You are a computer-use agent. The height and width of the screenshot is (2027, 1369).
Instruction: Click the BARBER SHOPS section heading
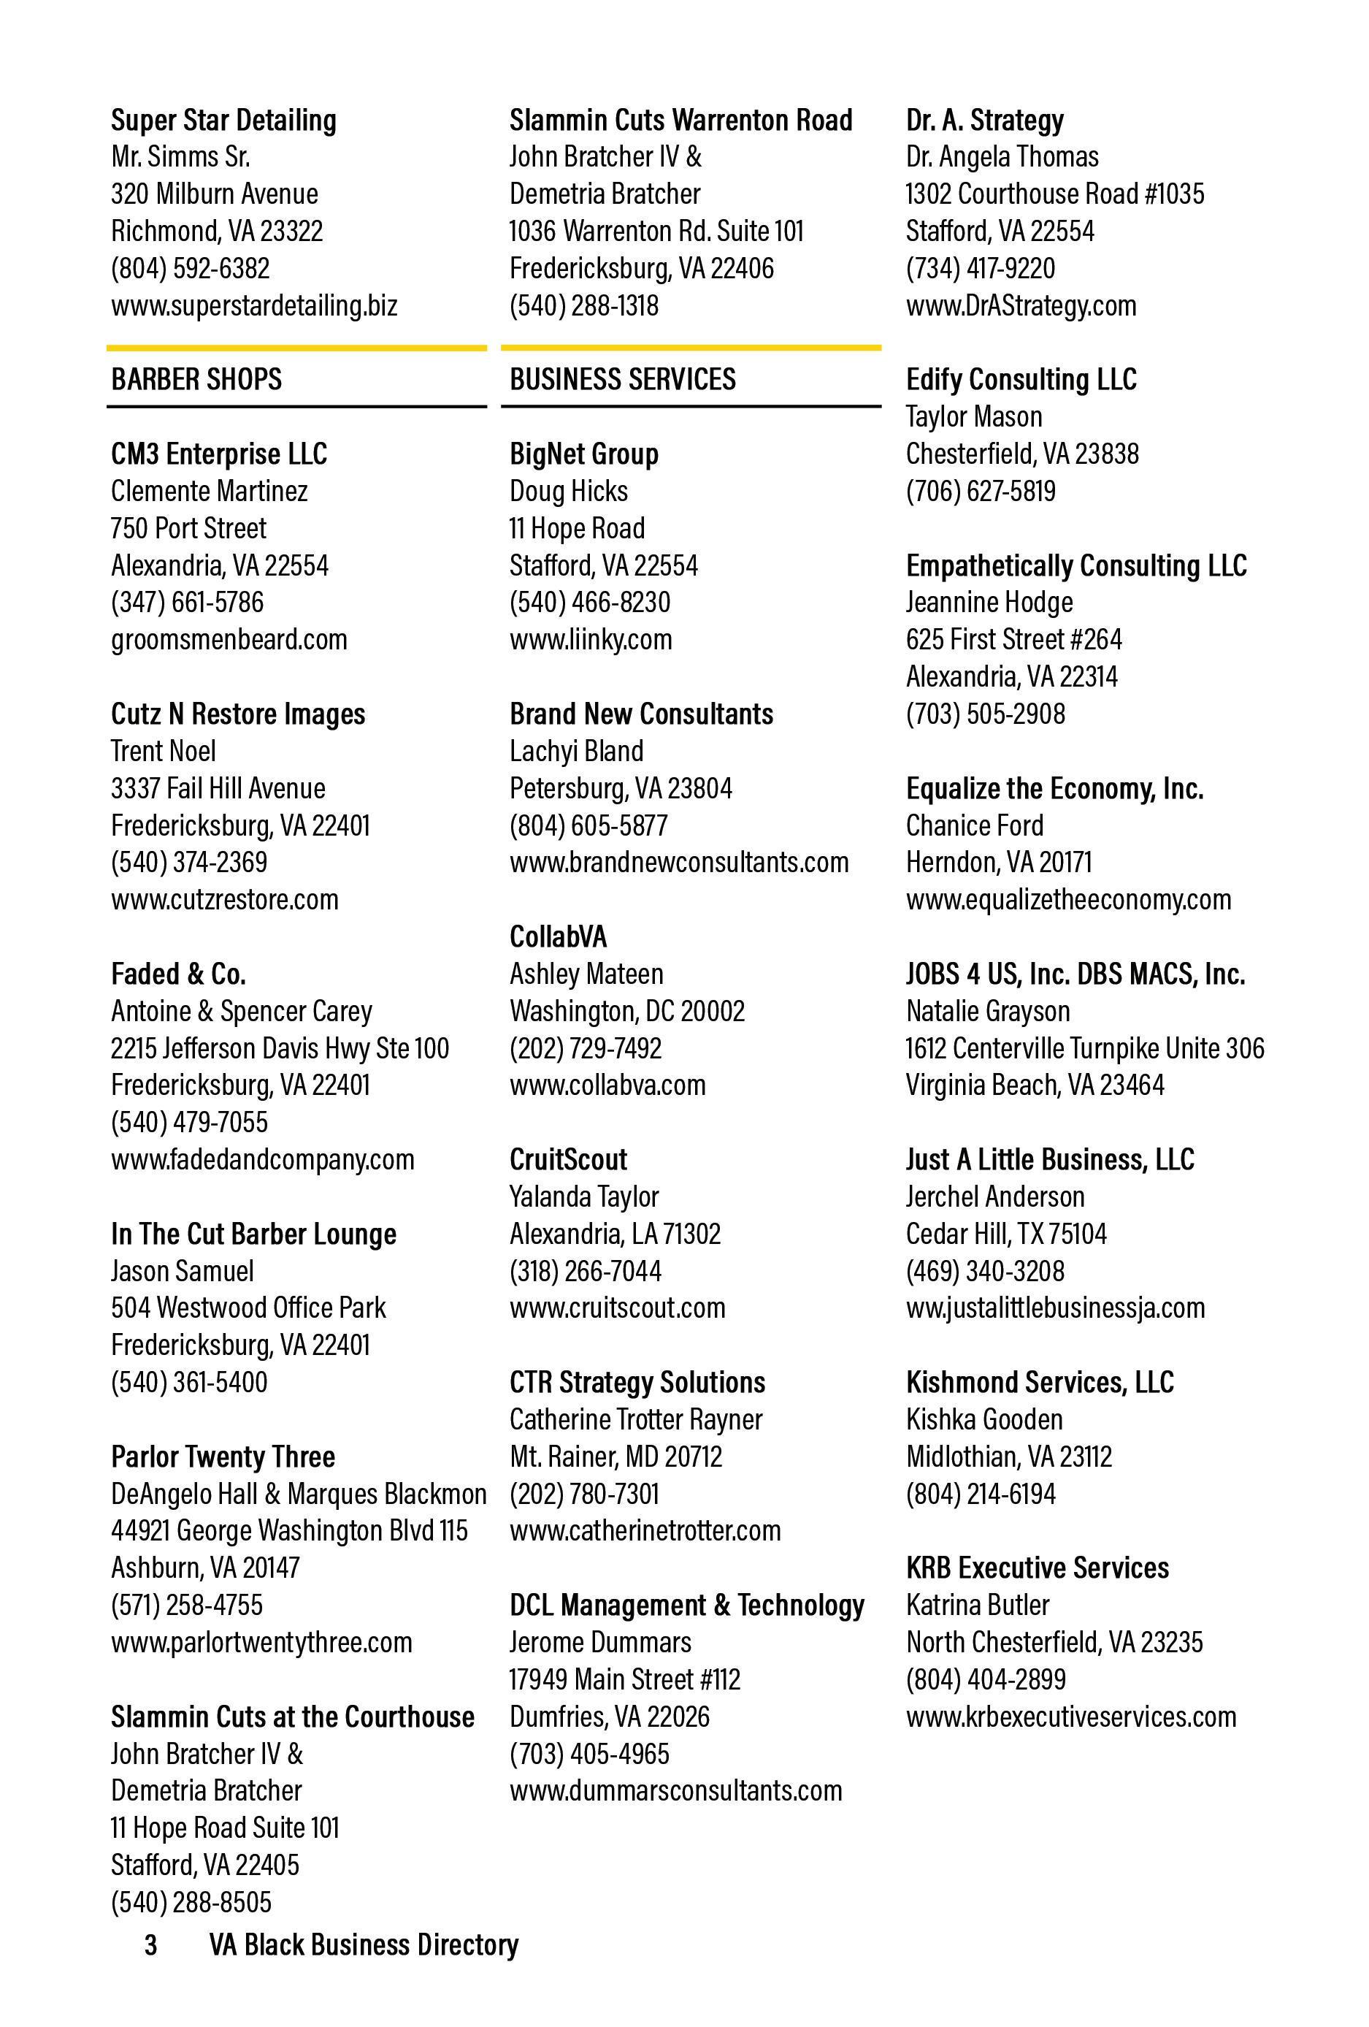[x=196, y=379]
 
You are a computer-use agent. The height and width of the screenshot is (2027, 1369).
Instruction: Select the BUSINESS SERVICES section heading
[x=623, y=379]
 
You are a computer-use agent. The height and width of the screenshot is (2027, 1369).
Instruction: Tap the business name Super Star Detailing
[x=223, y=121]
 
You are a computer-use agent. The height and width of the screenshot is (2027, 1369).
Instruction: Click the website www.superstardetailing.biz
[x=254, y=306]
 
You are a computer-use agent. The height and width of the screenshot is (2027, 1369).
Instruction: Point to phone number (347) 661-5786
[x=187, y=602]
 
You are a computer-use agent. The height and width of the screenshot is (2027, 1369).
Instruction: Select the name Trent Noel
[x=163, y=751]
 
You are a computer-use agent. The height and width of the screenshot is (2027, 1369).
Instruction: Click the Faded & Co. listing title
[x=178, y=974]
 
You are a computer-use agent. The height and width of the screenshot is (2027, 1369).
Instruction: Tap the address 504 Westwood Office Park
[x=248, y=1308]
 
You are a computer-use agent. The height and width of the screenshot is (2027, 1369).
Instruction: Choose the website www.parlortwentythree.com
[x=261, y=1641]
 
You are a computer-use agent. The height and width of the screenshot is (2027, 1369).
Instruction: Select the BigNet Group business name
[x=583, y=454]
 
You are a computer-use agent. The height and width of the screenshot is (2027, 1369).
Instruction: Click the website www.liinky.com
[x=591, y=639]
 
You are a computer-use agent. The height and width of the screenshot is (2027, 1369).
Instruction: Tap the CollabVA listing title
[x=558, y=936]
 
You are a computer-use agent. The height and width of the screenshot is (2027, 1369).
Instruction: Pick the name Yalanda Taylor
[x=583, y=1196]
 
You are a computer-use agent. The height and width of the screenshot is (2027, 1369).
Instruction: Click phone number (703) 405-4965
[x=589, y=1753]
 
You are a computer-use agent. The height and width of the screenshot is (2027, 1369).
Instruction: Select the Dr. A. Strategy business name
[x=984, y=121]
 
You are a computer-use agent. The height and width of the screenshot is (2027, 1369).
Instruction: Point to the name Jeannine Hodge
[x=989, y=602]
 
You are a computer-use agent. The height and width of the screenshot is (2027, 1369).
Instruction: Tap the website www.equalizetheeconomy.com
[x=1068, y=899]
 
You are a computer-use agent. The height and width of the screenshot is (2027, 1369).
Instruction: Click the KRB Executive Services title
[x=1037, y=1568]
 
